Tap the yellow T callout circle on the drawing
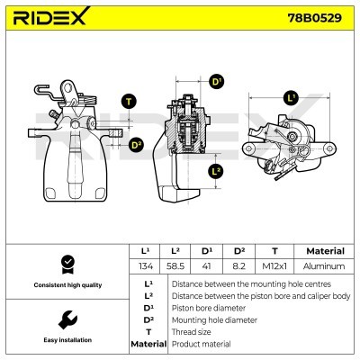coord(129,101)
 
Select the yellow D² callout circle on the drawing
coord(137,143)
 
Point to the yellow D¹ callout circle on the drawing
coord(216,82)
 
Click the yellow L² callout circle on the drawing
coord(215,170)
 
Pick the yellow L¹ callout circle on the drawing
coord(290,97)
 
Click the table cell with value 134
coord(145,266)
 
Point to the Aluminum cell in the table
coord(325,266)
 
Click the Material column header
coord(325,251)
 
